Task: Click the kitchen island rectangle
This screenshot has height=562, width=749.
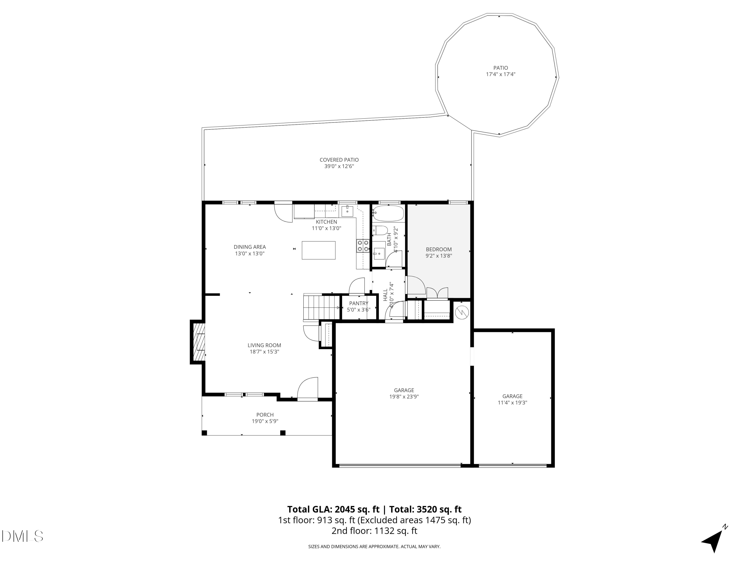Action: pyautogui.click(x=318, y=250)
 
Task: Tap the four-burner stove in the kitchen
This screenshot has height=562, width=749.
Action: pyautogui.click(x=363, y=246)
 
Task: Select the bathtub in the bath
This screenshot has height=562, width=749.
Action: pyautogui.click(x=388, y=213)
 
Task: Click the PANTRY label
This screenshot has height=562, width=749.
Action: pyautogui.click(x=359, y=303)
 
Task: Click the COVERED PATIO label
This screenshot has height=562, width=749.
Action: pyautogui.click(x=339, y=160)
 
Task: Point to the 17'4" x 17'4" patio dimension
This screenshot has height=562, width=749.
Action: pyautogui.click(x=501, y=74)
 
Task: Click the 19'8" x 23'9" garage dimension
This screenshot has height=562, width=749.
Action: pyautogui.click(x=404, y=397)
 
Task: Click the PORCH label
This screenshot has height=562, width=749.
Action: pyautogui.click(x=265, y=415)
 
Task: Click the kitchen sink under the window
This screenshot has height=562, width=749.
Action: pyautogui.click(x=347, y=211)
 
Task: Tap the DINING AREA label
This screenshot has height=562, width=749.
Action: pyautogui.click(x=250, y=247)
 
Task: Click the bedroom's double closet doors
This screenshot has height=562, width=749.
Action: pyautogui.click(x=437, y=294)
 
